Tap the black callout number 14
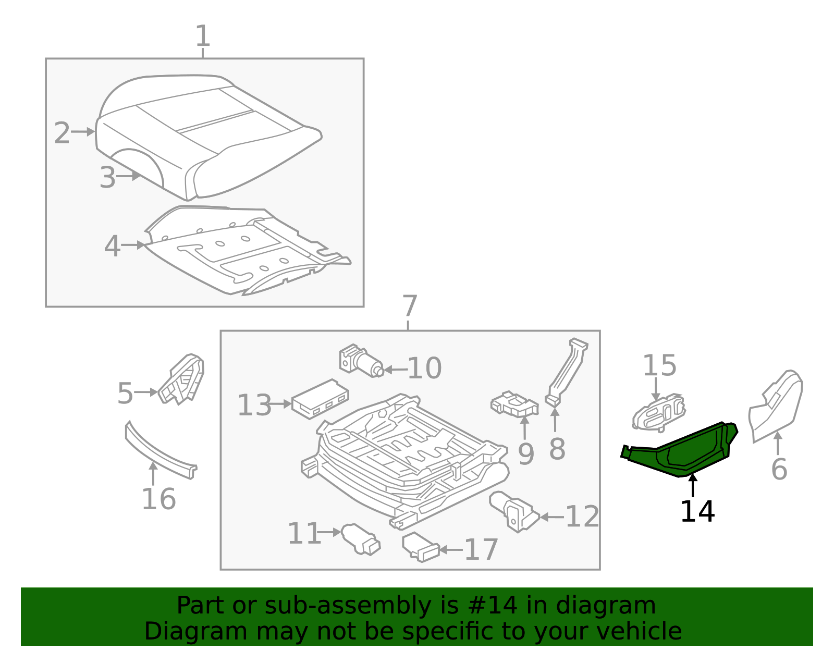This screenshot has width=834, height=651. click(x=697, y=511)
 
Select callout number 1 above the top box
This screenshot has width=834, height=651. click(x=202, y=36)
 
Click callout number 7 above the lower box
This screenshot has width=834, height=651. click(x=410, y=306)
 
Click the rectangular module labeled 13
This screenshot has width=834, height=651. click(x=320, y=398)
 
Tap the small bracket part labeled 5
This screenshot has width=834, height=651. click(x=182, y=379)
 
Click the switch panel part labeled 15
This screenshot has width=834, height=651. click(x=658, y=413)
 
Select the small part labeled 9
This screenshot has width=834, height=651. click(x=514, y=406)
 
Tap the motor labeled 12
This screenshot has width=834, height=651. click(x=514, y=511)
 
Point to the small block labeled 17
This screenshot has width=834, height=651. click(x=420, y=547)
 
